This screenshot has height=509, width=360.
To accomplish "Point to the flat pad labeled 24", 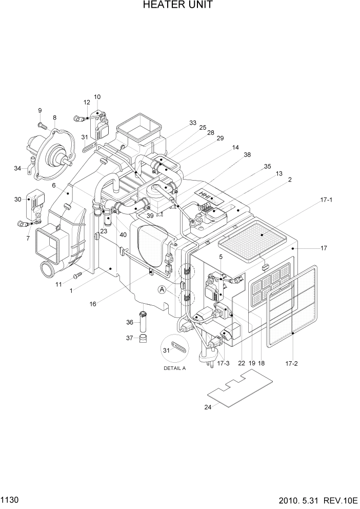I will point(239,388).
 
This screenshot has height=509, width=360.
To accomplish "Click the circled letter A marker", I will point(162,289).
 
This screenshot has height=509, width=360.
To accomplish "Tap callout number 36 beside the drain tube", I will point(130,322).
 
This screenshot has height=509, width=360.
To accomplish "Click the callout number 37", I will point(130,338).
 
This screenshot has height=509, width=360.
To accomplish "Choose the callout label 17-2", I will point(292,363).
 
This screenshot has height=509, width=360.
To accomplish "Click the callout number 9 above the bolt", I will point(39,110).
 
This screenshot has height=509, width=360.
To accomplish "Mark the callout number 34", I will point(17,168).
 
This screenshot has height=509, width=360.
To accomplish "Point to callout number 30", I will point(18,200).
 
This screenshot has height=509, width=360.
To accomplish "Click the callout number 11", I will point(59,284).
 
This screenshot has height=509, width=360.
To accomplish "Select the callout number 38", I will point(247,154).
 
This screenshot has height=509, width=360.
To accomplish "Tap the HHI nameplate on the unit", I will point(208,195).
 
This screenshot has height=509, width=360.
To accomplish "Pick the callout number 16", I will point(93,304).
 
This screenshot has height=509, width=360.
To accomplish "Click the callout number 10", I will point(97,96).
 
